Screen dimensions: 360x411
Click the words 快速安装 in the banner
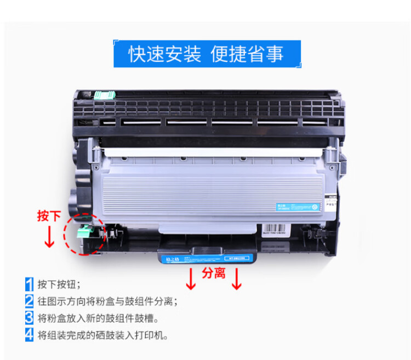(x=164, y=54)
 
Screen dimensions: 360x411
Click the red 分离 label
(x=214, y=272)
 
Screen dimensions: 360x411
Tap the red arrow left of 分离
(x=191, y=278)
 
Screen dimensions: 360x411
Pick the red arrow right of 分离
(x=237, y=278)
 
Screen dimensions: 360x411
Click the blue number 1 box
(x=29, y=284)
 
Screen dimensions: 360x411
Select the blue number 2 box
(x=29, y=301)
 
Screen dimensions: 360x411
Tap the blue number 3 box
(x=29, y=317)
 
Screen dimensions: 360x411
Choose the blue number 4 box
(x=29, y=334)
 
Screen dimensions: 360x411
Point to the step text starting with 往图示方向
(x=107, y=301)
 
